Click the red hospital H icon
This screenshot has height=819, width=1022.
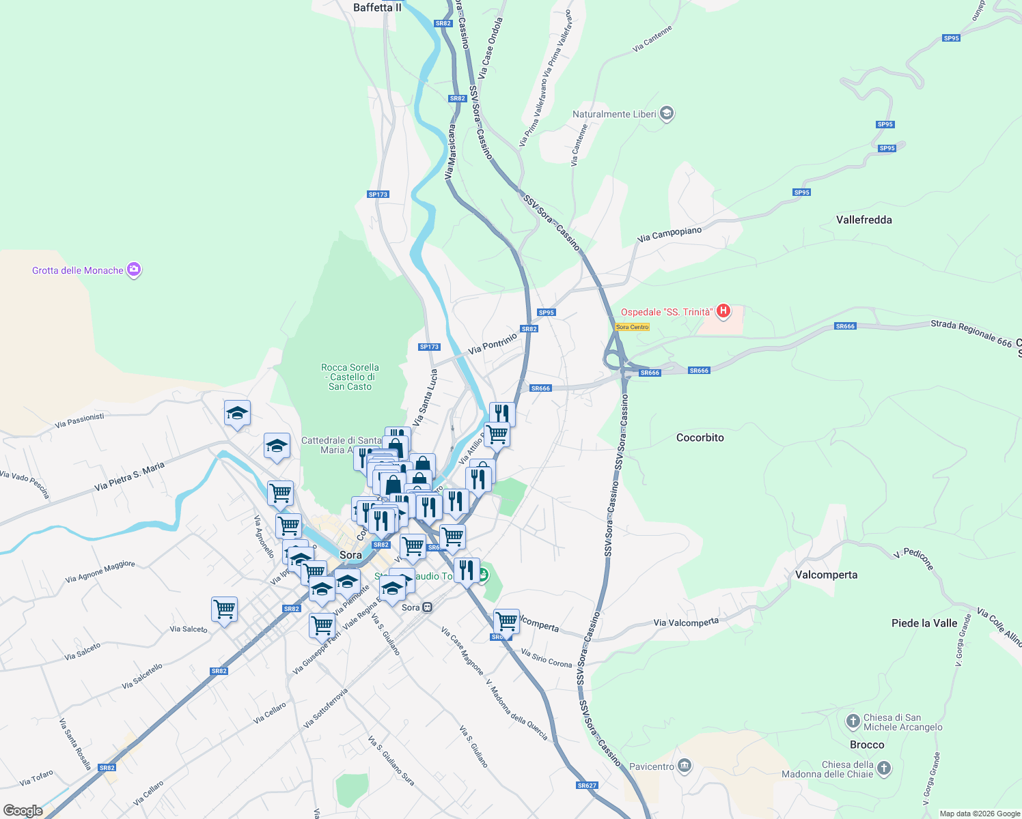723,312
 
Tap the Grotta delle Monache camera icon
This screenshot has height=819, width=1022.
134,270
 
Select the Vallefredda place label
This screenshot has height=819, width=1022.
864,220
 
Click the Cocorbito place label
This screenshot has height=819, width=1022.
700,437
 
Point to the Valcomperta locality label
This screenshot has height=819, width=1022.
826,575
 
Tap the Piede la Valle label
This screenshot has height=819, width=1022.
924,623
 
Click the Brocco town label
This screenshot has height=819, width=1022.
867,745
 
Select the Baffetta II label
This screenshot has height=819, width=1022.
377,8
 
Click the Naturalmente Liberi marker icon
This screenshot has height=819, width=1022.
667,114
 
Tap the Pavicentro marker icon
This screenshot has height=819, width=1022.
685,766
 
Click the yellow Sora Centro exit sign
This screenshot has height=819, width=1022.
632,327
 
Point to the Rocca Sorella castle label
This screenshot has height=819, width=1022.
350,377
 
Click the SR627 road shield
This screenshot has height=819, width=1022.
587,786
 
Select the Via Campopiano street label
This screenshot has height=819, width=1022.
669,234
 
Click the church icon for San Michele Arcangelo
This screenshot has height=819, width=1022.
853,721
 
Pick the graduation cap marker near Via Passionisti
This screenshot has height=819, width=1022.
237,413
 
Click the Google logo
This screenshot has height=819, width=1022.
23,811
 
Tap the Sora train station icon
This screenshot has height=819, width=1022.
428,607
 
